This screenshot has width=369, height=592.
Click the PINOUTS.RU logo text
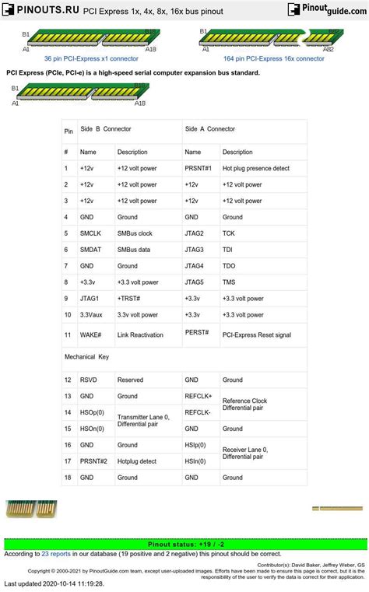39,10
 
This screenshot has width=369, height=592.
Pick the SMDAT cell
90,250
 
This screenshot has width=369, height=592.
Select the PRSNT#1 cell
199,168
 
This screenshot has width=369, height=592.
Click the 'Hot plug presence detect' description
255,168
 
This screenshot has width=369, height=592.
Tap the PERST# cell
197,332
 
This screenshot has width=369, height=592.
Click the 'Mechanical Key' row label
86,356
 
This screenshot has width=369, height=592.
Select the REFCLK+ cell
199,396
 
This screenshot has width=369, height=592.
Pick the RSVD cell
88,380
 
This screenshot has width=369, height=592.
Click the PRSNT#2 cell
93,461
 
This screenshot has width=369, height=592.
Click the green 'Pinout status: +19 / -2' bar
184,544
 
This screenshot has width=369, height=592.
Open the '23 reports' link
56,554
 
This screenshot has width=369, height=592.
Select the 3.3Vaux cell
93,315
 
